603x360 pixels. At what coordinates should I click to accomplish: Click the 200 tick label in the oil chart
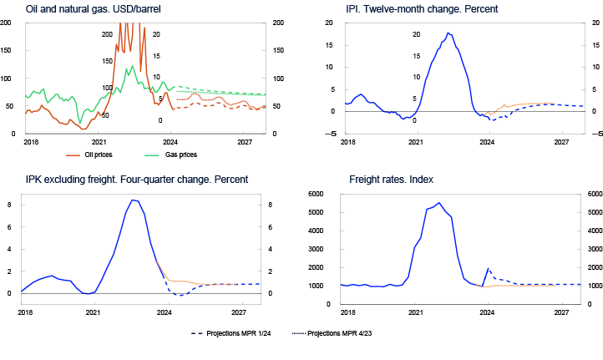coord(106,34)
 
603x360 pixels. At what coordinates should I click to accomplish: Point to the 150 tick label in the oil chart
coord(106,61)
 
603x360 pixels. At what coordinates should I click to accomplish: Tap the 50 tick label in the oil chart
coord(104,115)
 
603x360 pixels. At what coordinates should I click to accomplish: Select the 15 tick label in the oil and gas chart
coord(156,56)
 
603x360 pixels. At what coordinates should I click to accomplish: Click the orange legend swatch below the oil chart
coord(73,155)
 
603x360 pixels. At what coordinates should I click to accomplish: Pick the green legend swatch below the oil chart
coord(152,155)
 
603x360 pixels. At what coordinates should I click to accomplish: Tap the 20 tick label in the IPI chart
coord(416,34)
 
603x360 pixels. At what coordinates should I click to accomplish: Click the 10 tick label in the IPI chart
coord(416,77)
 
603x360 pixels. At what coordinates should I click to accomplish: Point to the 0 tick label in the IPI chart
coord(413,120)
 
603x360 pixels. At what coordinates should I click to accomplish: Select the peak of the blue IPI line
coord(448,33)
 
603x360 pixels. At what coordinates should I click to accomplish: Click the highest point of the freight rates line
coord(438,202)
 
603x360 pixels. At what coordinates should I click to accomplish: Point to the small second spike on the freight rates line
coord(488,268)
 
